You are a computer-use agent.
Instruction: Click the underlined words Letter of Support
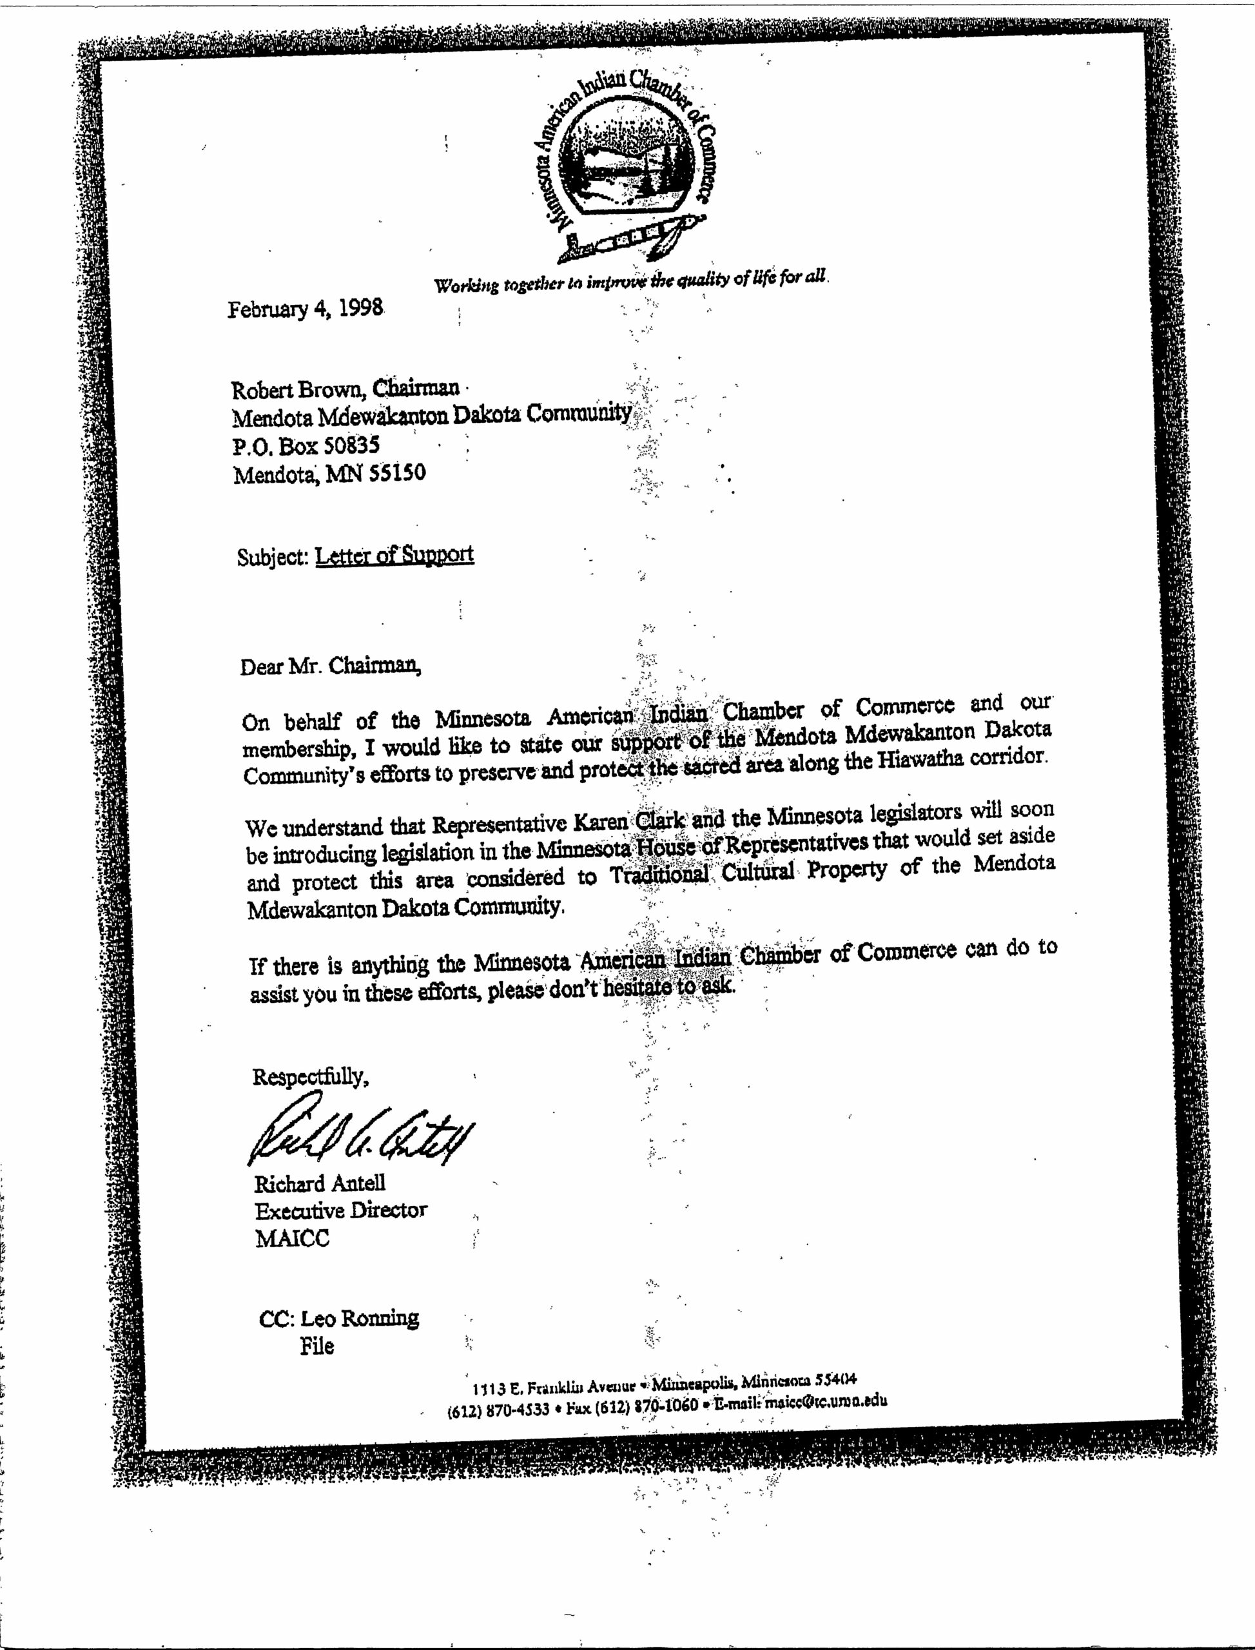[394, 555]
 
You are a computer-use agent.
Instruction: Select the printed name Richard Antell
[320, 1183]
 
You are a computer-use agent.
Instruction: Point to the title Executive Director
[340, 1211]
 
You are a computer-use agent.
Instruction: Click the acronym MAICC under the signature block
[292, 1239]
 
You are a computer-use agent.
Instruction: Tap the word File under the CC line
[316, 1346]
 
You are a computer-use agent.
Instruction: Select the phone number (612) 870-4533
[498, 1410]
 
